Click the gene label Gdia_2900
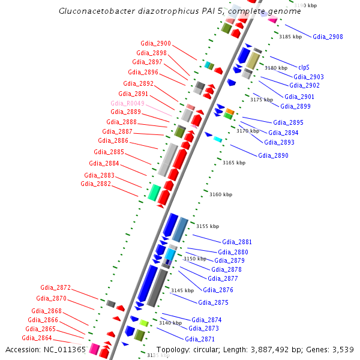(x=155, y=43)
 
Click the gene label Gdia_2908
(x=328, y=37)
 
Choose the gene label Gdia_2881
(x=237, y=242)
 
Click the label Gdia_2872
(x=55, y=287)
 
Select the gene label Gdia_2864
(x=38, y=338)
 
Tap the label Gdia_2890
(x=273, y=155)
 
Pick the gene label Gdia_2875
(x=213, y=302)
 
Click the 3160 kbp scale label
(x=220, y=194)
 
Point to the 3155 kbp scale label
(x=208, y=226)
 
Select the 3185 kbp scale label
(x=290, y=37)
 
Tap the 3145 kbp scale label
(x=182, y=290)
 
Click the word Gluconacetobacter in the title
(x=91, y=11)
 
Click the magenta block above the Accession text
(x=94, y=348)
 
